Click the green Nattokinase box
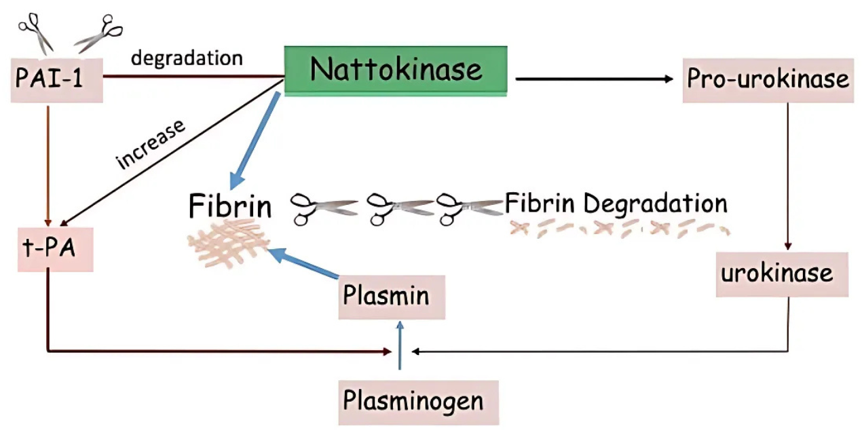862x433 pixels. click(395, 70)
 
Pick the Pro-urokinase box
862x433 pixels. click(768, 79)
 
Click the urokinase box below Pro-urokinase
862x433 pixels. click(782, 274)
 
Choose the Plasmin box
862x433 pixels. click(392, 297)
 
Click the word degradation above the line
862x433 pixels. click(187, 58)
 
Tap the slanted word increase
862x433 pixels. click(151, 144)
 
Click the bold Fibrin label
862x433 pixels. click(230, 206)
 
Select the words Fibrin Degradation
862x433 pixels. click(616, 203)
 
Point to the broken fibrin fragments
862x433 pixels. click(618, 228)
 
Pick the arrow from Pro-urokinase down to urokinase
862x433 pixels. click(787, 176)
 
